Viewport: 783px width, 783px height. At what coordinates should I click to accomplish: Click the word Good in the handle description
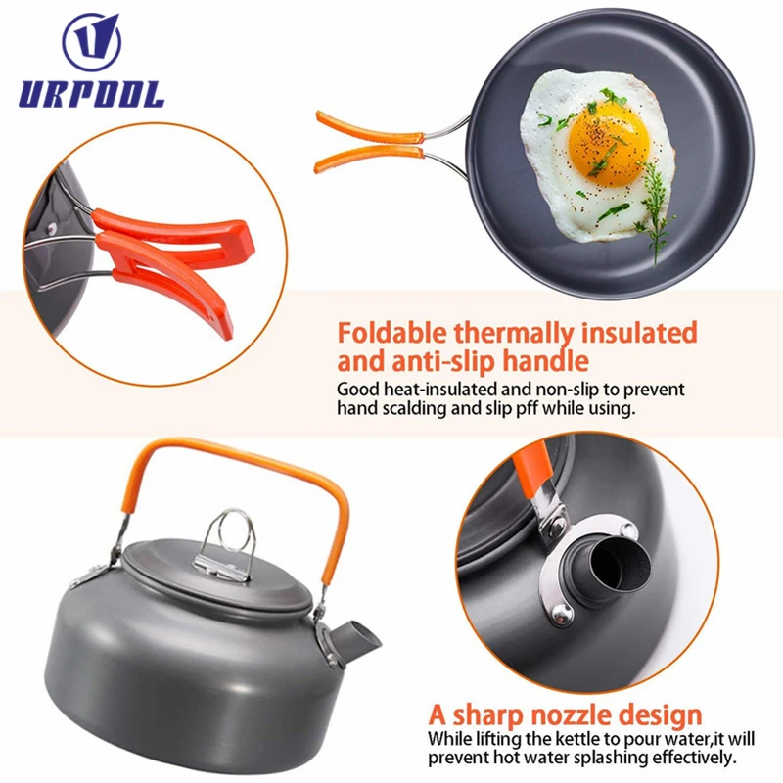click(x=357, y=389)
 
